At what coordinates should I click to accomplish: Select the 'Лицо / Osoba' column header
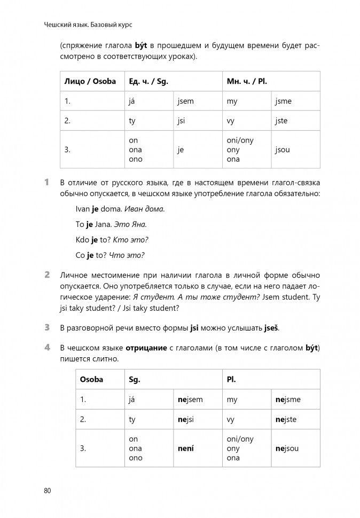click(90, 82)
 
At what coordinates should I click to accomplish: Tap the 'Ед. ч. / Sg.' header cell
click(148, 82)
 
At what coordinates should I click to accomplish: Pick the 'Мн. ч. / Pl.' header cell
click(247, 82)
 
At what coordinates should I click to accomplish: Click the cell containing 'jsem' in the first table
click(188, 101)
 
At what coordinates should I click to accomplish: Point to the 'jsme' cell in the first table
click(284, 101)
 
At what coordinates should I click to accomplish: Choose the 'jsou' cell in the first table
click(283, 150)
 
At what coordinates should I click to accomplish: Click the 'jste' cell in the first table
click(281, 121)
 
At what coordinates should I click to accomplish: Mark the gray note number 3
click(47, 327)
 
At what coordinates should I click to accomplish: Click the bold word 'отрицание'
click(148, 348)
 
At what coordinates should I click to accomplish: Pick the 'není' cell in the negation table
click(185, 449)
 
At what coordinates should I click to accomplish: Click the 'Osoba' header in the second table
click(91, 380)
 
